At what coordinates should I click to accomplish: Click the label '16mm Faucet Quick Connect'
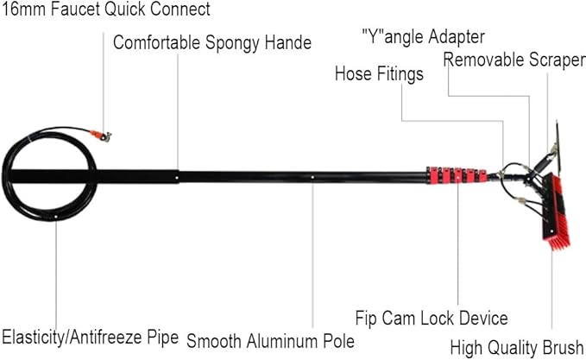pyautogui.click(x=106, y=9)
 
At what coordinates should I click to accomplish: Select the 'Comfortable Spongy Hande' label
pyautogui.click(x=212, y=42)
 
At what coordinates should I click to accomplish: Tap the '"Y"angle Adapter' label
pyautogui.click(x=424, y=37)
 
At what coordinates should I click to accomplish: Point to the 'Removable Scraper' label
pyautogui.click(x=514, y=60)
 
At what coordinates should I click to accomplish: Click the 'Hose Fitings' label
pyautogui.click(x=379, y=73)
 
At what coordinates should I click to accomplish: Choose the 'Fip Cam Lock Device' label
pyautogui.click(x=432, y=319)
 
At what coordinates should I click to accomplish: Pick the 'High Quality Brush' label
pyautogui.click(x=517, y=348)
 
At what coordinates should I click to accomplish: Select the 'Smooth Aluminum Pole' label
pyautogui.click(x=271, y=341)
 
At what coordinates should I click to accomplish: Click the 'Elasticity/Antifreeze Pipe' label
pyautogui.click(x=91, y=338)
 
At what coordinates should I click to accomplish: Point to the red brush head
pyautogui.click(x=557, y=212)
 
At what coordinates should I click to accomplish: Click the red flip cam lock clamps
pyautogui.click(x=457, y=175)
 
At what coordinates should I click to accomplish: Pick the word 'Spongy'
pyautogui.click(x=233, y=43)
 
